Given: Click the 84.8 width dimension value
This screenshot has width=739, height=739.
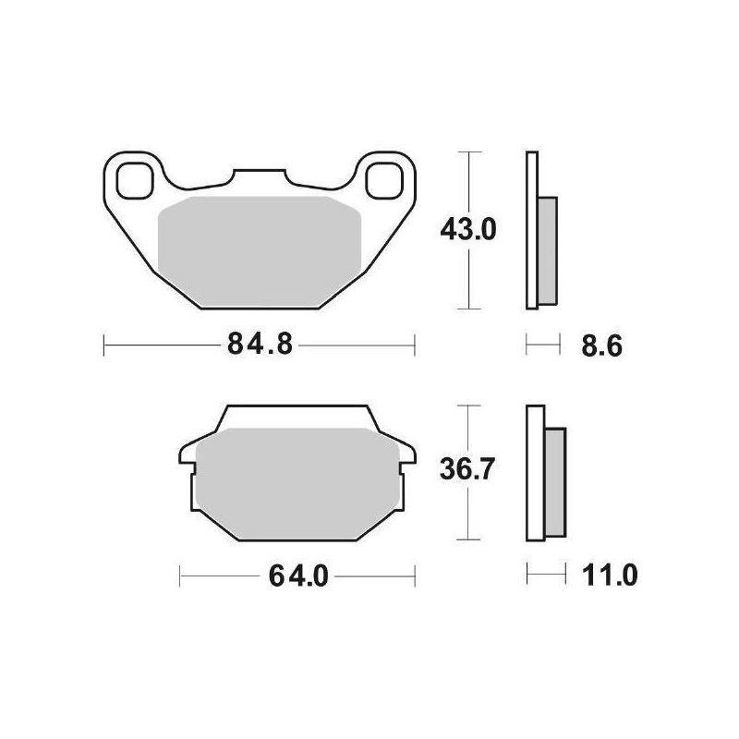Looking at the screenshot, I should tap(259, 346).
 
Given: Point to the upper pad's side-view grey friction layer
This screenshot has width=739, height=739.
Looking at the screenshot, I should tap(547, 251).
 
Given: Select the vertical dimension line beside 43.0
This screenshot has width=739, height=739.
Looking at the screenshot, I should tap(471, 277).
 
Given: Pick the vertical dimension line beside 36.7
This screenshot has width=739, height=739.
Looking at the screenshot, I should tap(471, 517).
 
